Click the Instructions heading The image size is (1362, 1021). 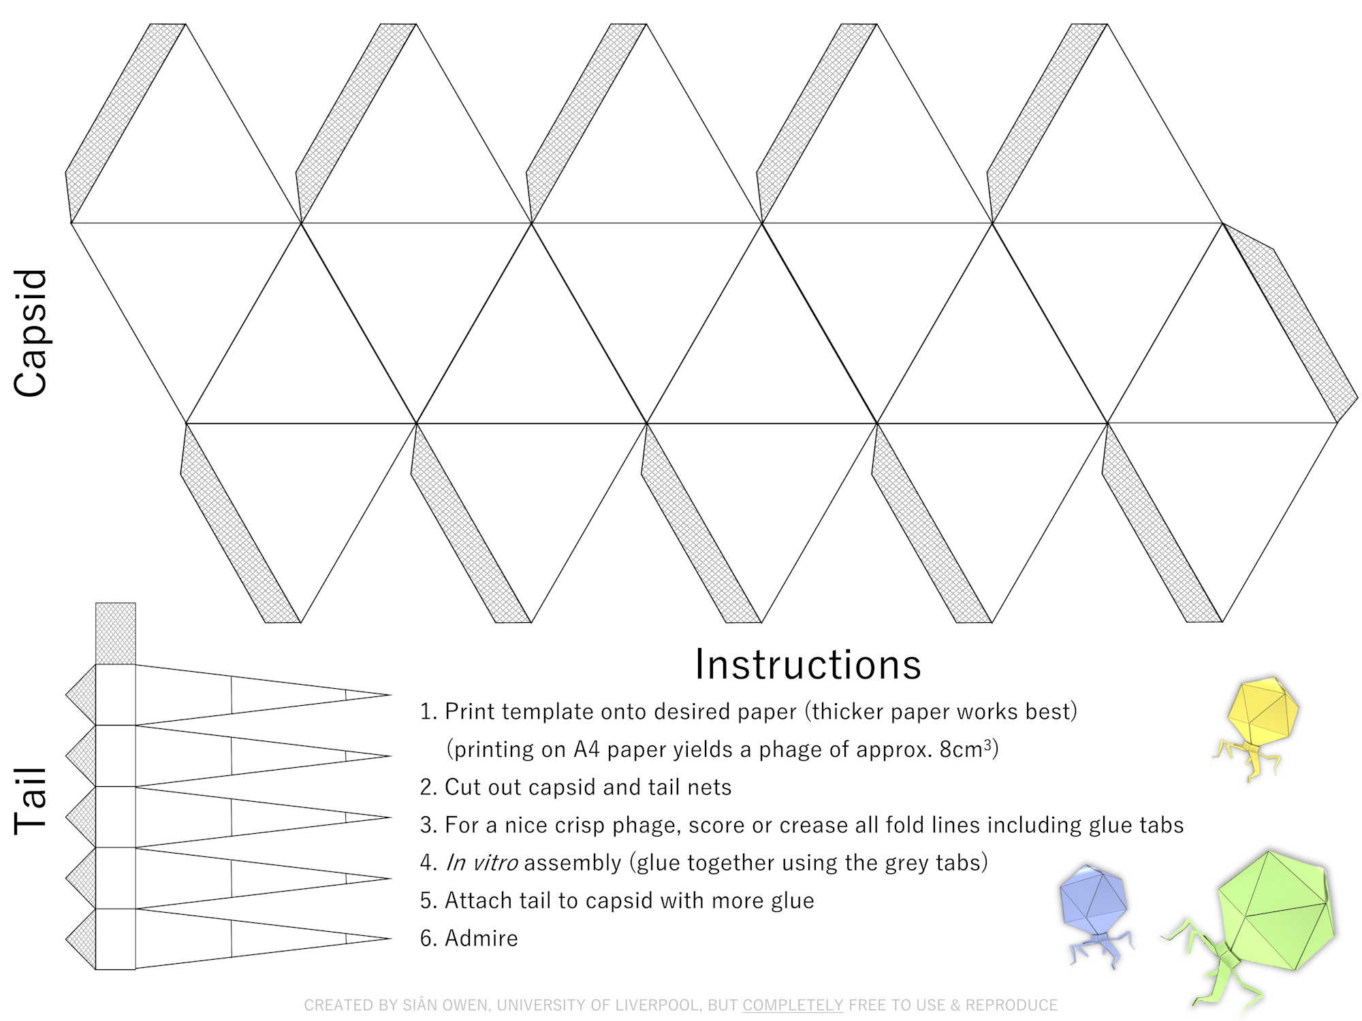[808, 664]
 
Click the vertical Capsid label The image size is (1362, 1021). [31, 333]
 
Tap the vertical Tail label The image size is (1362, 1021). [31, 800]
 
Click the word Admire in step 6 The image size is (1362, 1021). [481, 939]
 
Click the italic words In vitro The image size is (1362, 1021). [481, 863]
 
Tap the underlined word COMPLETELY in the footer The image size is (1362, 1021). [792, 1005]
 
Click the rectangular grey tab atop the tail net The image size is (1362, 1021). [115, 633]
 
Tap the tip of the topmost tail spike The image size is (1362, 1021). [390, 695]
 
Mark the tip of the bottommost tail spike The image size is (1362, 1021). [390, 939]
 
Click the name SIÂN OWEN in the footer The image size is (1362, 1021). [445, 1005]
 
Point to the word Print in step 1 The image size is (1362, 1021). [471, 712]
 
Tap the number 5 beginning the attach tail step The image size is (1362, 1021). [427, 901]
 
